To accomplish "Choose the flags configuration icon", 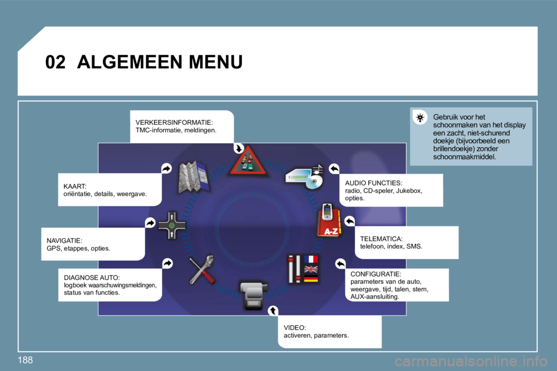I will (303, 269).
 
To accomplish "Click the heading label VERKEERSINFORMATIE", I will (173, 123).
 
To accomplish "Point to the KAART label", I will (75, 186).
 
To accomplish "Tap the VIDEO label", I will (294, 328).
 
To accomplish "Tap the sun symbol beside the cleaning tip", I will (421, 118).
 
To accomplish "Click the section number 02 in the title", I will (56, 62).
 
